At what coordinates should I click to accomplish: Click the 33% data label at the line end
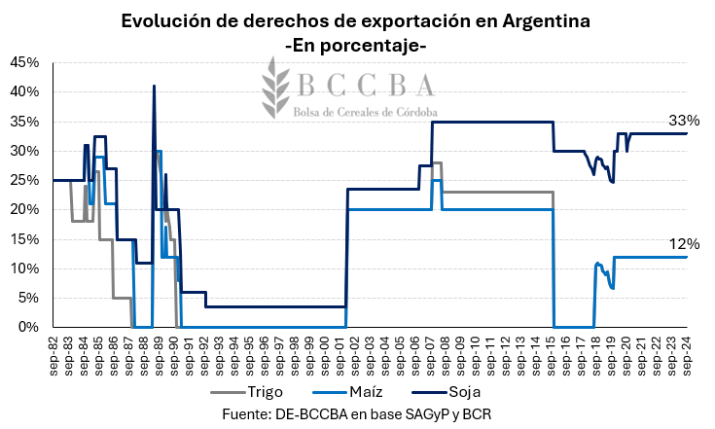click(684, 121)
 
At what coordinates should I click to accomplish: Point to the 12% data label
click(684, 244)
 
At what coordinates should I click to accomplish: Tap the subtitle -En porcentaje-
click(357, 44)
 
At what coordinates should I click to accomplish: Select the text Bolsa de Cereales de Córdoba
click(365, 112)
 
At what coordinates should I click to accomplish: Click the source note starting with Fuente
click(357, 413)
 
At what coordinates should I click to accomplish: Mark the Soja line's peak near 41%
click(154, 87)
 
